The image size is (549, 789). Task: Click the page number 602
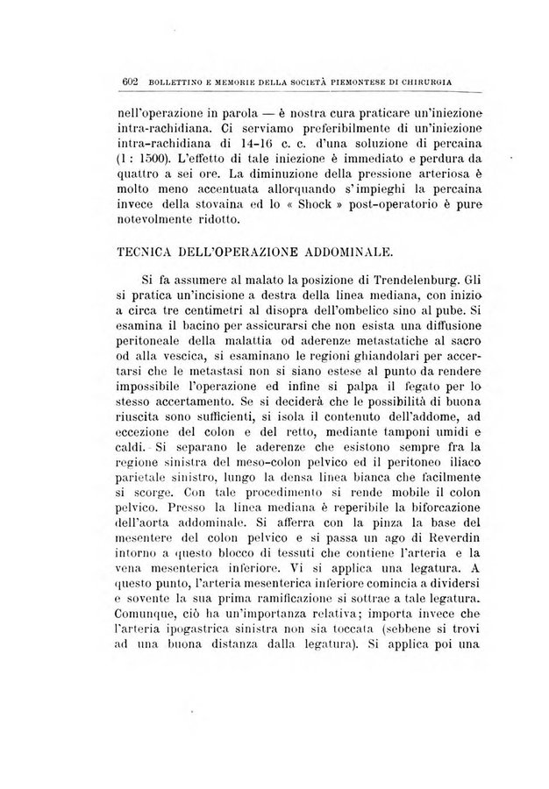131,83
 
